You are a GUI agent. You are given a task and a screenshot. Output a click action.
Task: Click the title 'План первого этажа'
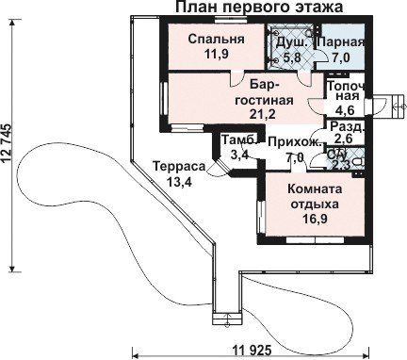(x=259, y=7)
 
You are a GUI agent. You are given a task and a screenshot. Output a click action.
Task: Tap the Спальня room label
(x=216, y=40)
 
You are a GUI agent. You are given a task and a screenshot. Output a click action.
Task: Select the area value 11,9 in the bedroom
(x=216, y=54)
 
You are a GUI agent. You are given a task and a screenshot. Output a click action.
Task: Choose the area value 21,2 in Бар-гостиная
(x=263, y=114)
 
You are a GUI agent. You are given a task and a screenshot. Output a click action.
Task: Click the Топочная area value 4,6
(x=345, y=110)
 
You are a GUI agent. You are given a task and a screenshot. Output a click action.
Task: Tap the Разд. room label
(x=348, y=127)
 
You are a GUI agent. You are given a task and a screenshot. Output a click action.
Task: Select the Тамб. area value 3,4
(x=239, y=155)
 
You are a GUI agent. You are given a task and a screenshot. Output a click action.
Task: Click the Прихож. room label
(x=296, y=142)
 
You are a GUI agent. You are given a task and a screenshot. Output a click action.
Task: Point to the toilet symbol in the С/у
(x=359, y=162)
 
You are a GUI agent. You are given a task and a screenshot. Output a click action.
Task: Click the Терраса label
(x=179, y=167)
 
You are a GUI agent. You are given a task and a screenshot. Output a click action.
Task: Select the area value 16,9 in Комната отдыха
(x=315, y=219)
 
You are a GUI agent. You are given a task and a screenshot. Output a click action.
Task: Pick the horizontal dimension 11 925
(x=252, y=349)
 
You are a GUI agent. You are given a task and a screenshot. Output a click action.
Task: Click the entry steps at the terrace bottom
(x=228, y=320)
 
